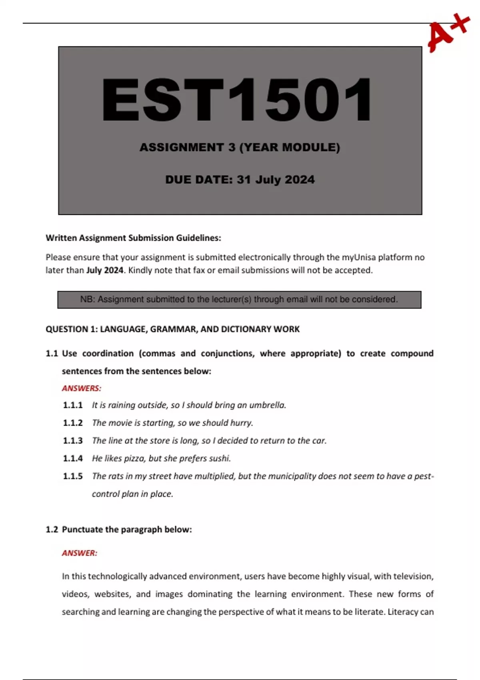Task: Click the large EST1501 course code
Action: click(x=237, y=100)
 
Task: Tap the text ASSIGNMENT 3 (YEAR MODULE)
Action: click(x=240, y=148)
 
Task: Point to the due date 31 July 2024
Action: click(x=276, y=180)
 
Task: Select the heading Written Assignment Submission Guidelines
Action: click(x=133, y=238)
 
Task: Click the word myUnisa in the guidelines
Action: click(x=358, y=257)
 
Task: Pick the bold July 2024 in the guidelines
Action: click(x=105, y=270)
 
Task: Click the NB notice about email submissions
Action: click(x=239, y=300)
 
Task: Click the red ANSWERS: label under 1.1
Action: click(x=82, y=388)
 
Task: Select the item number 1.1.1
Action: click(x=73, y=405)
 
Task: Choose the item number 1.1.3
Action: click(x=73, y=441)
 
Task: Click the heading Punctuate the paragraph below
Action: click(x=127, y=530)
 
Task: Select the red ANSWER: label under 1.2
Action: click(x=80, y=553)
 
